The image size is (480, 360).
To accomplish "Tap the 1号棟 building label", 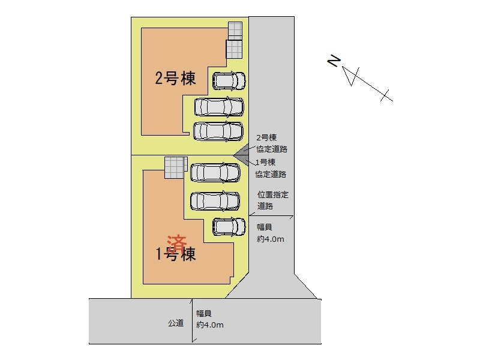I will click(176, 254).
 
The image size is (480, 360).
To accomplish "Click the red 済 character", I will click(177, 242).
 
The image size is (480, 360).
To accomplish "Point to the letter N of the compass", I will click(334, 61).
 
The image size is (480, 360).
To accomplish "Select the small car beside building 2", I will click(229, 80).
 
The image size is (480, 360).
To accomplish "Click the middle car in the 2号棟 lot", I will click(218, 107).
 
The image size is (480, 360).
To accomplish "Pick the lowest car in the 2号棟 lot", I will click(218, 131).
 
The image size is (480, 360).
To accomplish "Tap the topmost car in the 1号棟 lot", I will click(214, 173).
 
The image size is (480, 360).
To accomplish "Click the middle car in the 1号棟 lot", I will click(214, 200).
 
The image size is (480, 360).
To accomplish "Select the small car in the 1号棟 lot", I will click(229, 227).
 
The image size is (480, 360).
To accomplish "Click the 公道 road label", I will click(175, 323).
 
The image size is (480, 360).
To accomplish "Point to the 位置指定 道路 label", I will click(272, 200).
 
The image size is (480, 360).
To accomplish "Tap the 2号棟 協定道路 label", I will click(271, 143).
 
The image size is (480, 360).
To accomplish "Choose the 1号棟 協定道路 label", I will click(270, 169).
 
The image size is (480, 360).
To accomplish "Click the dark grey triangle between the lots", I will click(242, 155).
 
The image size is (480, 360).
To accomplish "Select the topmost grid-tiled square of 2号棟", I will click(235, 31).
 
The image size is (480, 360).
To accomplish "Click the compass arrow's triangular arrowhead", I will click(350, 76).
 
